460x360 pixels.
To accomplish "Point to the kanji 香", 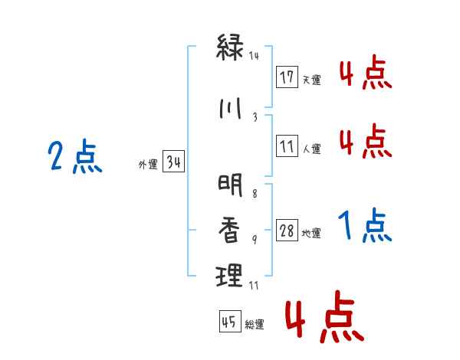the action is tap(231, 229).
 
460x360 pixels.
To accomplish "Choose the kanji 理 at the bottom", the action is tap(231, 275).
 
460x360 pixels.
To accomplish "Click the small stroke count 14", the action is tap(255, 56).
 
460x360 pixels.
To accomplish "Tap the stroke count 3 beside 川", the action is tap(255, 117).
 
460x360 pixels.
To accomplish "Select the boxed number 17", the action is tap(287, 77).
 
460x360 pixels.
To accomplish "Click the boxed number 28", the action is tap(287, 231).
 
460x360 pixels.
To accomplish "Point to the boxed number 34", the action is tap(173, 162).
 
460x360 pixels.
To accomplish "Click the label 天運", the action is tap(311, 79).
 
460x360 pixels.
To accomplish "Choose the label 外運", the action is tap(147, 165).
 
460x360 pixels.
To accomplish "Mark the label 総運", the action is tap(254, 325).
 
